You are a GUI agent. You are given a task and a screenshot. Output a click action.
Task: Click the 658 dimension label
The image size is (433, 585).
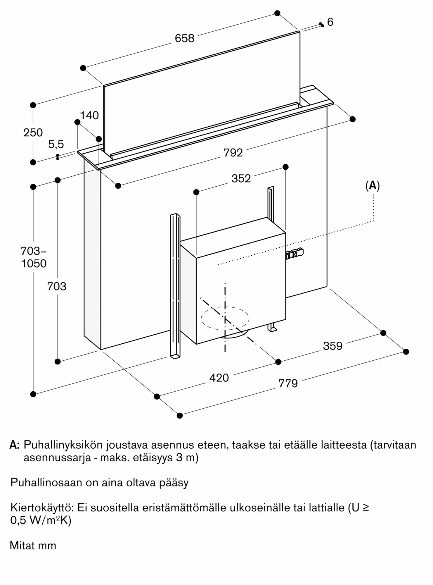coord(184,38)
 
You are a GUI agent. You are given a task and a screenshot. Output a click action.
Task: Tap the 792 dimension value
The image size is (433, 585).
coord(233,153)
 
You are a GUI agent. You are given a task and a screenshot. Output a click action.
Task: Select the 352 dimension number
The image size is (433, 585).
coord(241,178)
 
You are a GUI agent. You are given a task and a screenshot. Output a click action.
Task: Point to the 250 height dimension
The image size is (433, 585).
coord(33,133)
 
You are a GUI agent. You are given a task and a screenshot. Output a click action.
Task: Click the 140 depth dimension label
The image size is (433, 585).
coord(89,116)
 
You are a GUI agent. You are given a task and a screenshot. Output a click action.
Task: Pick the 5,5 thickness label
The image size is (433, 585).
coord(56,144)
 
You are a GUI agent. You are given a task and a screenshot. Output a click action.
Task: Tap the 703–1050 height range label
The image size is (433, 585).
coord(34,257)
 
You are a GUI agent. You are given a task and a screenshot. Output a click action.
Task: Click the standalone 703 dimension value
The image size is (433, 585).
coord(57,286)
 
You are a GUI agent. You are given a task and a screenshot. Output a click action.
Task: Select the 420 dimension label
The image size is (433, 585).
coord(219,378)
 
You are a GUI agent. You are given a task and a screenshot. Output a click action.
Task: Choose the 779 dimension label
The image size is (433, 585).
coord(288,383)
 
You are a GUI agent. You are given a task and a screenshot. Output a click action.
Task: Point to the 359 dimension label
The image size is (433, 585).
coord(332,346)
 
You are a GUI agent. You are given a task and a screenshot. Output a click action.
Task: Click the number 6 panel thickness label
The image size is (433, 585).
coord(330,22)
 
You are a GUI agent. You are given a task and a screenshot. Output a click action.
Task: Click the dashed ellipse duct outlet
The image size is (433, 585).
coord(225,318)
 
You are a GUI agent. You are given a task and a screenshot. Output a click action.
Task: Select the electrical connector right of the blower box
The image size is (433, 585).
coord(295,253)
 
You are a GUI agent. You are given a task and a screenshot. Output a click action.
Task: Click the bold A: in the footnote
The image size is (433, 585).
coord(15,445)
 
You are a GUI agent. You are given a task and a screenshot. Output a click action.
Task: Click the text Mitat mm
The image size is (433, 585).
coord(33,546)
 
